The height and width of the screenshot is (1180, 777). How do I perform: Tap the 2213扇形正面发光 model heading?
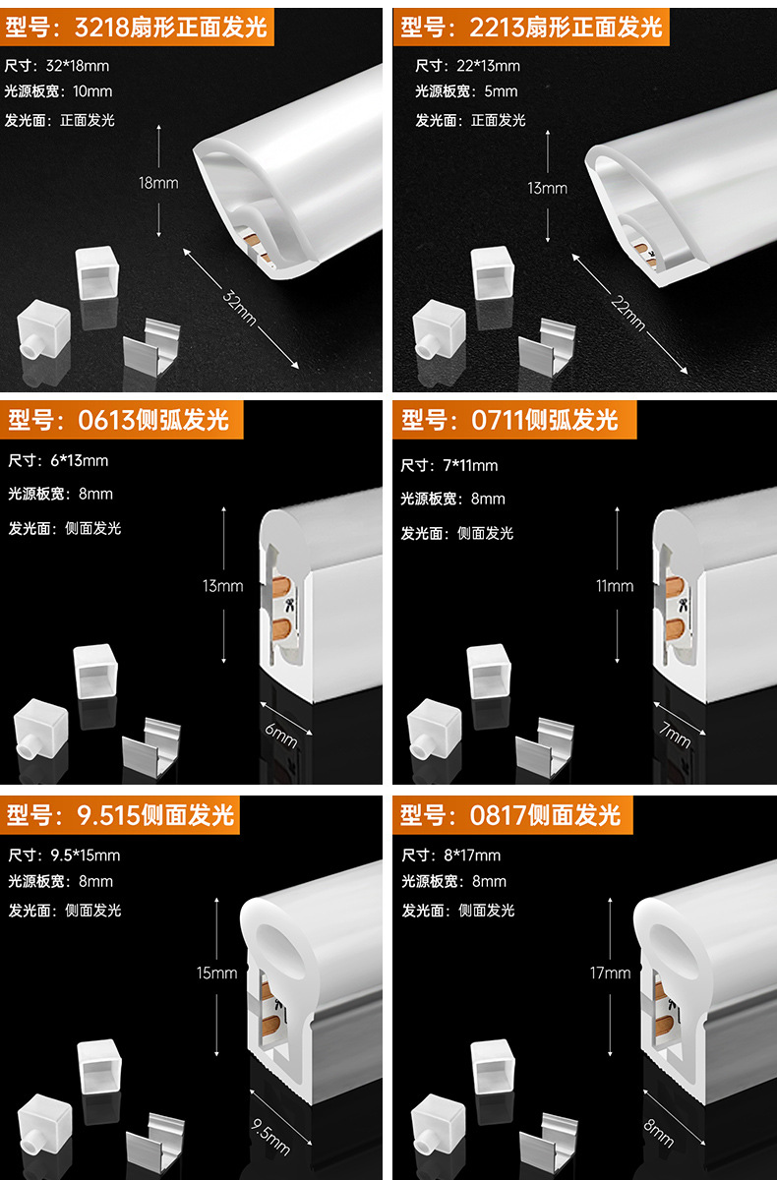(531, 27)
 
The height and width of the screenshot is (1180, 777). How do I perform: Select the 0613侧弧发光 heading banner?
(119, 420)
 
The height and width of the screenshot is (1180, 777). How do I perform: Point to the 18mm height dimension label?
(158, 183)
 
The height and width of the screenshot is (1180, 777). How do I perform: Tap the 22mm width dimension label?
(628, 312)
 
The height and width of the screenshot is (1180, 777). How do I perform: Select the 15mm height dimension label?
(216, 973)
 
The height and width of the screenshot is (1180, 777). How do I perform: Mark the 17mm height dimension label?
(610, 973)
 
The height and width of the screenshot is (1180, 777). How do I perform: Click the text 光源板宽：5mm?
(466, 91)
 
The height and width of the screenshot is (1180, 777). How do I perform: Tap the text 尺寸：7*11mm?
(449, 465)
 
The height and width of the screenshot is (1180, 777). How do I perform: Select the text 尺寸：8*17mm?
(451, 855)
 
